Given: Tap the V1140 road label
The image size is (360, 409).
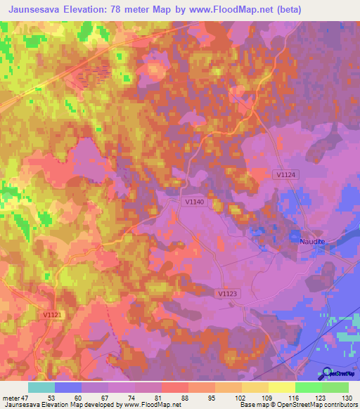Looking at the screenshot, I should [195, 202].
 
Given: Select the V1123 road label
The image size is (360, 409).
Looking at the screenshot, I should [227, 294].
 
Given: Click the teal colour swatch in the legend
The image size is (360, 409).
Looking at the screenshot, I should [41, 387].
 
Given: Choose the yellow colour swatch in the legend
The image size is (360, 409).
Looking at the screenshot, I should [281, 387].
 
